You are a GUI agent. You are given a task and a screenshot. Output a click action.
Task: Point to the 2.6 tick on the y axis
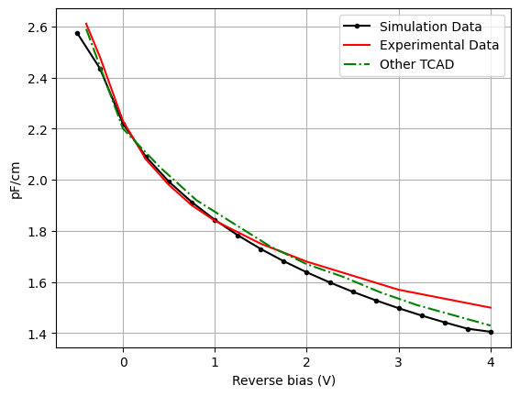38,27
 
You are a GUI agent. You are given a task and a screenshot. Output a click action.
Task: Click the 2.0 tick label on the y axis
38,181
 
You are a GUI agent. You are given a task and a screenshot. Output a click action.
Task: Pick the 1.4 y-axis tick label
38,334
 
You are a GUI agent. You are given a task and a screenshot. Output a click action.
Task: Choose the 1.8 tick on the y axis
38,232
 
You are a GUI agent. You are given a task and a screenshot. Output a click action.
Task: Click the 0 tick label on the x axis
123,361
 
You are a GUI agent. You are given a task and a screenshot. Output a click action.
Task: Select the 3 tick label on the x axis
399,361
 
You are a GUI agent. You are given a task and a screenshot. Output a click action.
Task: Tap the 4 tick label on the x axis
491,361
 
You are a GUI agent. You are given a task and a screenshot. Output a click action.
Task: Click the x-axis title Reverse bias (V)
283,380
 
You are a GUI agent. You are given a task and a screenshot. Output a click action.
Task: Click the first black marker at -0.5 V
77,33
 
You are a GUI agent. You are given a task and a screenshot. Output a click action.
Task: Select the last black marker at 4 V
491,332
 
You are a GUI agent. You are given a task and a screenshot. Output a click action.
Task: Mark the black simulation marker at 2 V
306,272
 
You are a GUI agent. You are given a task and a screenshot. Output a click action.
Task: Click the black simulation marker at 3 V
399,308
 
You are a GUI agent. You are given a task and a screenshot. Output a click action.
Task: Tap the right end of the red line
491,308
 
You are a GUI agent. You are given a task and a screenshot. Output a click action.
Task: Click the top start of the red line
86,24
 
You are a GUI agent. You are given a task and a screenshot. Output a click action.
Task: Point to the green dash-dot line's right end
491,325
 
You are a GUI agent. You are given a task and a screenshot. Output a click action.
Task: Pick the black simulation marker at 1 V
215,220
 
